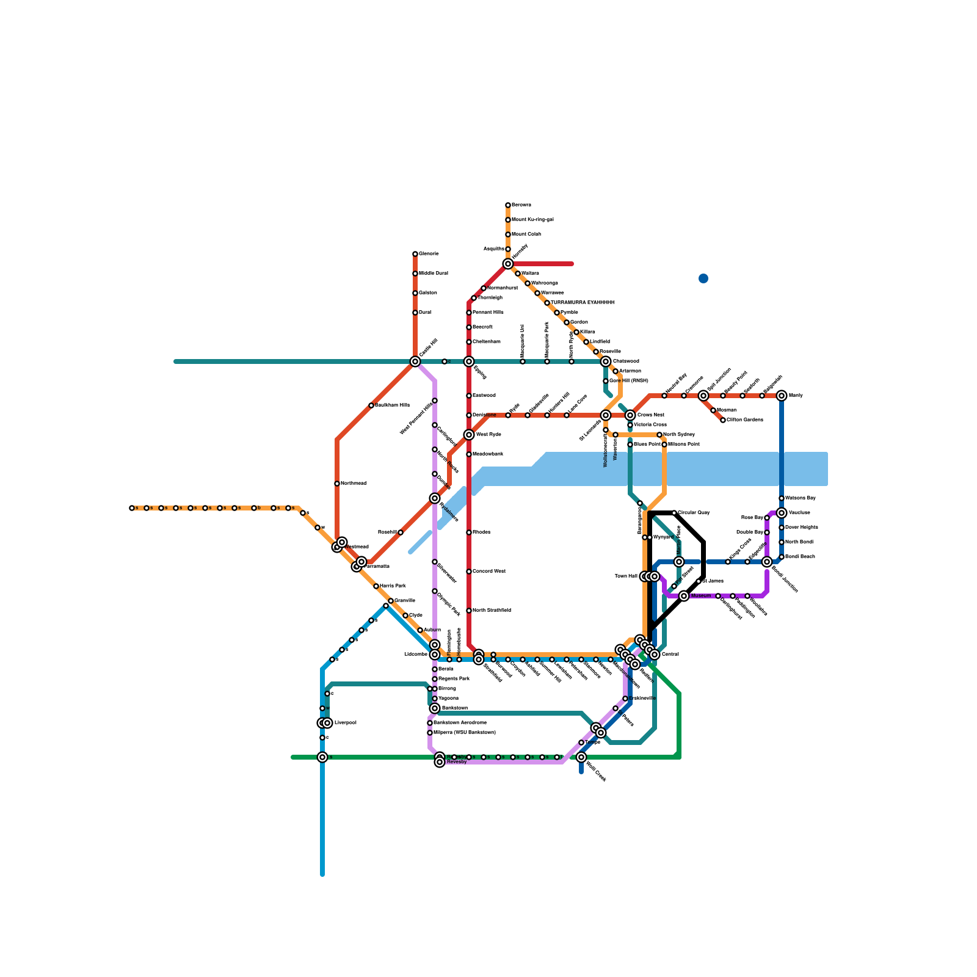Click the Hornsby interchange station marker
(x=508, y=264)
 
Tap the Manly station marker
(x=782, y=396)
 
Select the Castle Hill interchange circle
(x=415, y=361)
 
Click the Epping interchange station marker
(x=469, y=361)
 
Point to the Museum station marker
(x=684, y=596)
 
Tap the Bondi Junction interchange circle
(x=767, y=562)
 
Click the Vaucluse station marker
(x=782, y=513)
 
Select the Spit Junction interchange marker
(x=703, y=396)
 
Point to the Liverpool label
(x=345, y=723)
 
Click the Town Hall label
(x=626, y=576)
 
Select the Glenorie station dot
(x=415, y=254)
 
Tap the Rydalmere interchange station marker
(x=435, y=498)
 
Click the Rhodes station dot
(x=469, y=532)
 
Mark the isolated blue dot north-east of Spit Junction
(x=703, y=278)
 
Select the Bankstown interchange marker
(x=435, y=708)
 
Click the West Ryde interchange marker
(x=469, y=435)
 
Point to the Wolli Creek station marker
(x=581, y=757)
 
